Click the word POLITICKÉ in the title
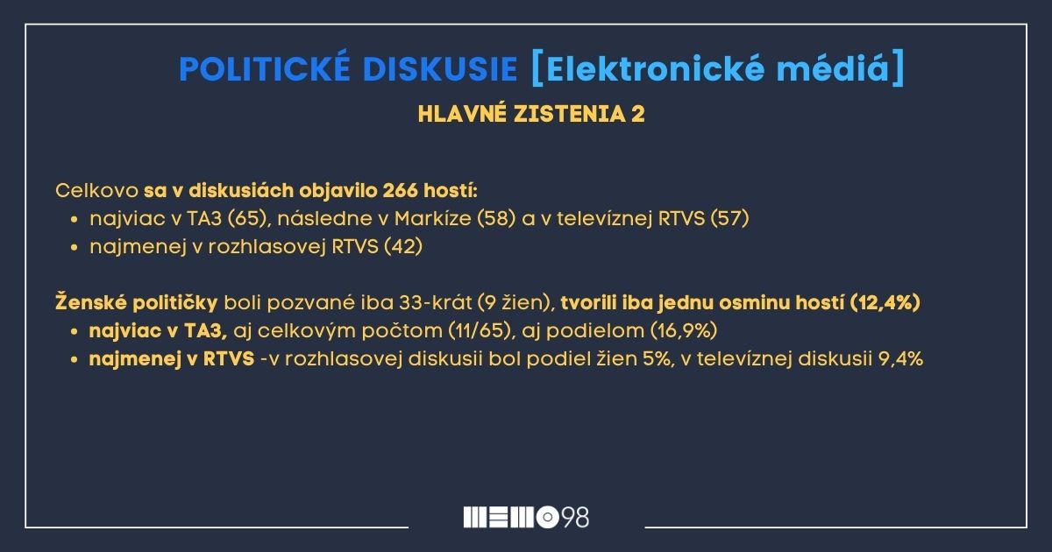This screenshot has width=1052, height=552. coord(265,68)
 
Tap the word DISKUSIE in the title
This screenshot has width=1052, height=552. coord(440,69)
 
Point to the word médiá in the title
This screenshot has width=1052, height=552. coord(832,69)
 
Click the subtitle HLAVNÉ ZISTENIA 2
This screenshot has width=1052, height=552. coord(531,114)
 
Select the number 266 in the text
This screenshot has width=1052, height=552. coord(400,191)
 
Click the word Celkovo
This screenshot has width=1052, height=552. coord(96,191)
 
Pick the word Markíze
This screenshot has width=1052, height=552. coord(432,218)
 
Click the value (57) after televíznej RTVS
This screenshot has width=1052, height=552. coord(729,218)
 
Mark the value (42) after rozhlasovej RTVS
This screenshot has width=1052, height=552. coord(403,246)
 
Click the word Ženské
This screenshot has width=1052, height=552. coord(89,301)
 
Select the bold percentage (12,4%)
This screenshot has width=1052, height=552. coord(885,302)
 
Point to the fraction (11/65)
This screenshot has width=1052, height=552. coord(479,330)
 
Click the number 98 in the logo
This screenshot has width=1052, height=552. coord(575,517)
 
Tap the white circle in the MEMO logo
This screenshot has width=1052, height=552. coord(548,517)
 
